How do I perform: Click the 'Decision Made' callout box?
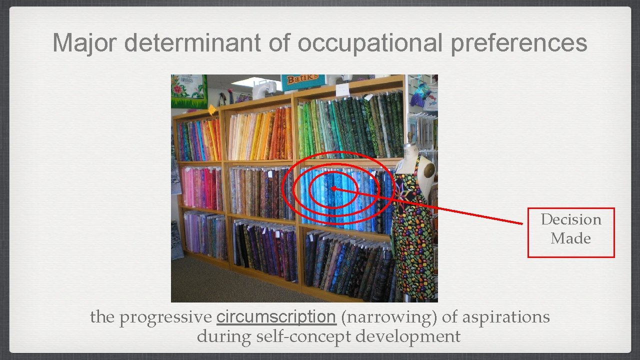click(571, 232)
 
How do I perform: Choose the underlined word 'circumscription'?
click(276, 317)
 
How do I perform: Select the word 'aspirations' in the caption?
click(506, 317)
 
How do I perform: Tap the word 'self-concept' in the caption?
click(304, 336)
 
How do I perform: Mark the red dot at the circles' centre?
click(333, 188)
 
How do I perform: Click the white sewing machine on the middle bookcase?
click(263, 89)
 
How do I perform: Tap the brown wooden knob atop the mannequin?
click(410, 136)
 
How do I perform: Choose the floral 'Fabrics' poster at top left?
click(188, 91)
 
